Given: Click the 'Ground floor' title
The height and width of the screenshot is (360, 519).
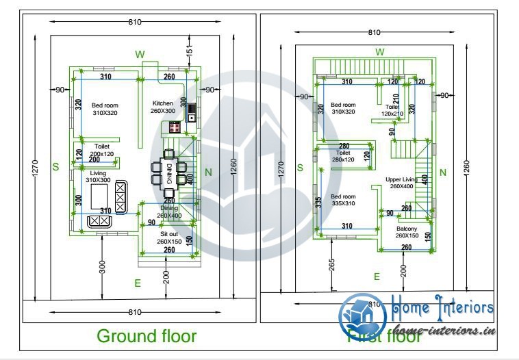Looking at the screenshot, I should pyautogui.click(x=147, y=336).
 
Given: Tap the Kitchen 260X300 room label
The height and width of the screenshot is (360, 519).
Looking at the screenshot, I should pyautogui.click(x=163, y=107).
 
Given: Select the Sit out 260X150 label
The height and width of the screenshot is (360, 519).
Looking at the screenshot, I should pyautogui.click(x=168, y=237).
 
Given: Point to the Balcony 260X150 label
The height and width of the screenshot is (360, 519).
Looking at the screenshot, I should pyautogui.click(x=406, y=232).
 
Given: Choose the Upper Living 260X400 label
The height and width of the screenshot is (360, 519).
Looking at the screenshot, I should pyautogui.click(x=401, y=182).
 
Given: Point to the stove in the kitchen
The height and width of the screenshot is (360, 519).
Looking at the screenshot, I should pyautogui.click(x=173, y=127).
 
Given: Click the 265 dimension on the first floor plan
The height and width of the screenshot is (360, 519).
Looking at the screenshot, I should pyautogui.click(x=331, y=263).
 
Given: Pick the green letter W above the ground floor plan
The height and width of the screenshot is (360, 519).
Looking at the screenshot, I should pyautogui.click(x=140, y=54).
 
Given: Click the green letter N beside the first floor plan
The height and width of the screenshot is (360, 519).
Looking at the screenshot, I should pyautogui.click(x=442, y=172).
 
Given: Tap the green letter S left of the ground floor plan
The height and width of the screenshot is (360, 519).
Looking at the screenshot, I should pyautogui.click(x=55, y=166).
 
